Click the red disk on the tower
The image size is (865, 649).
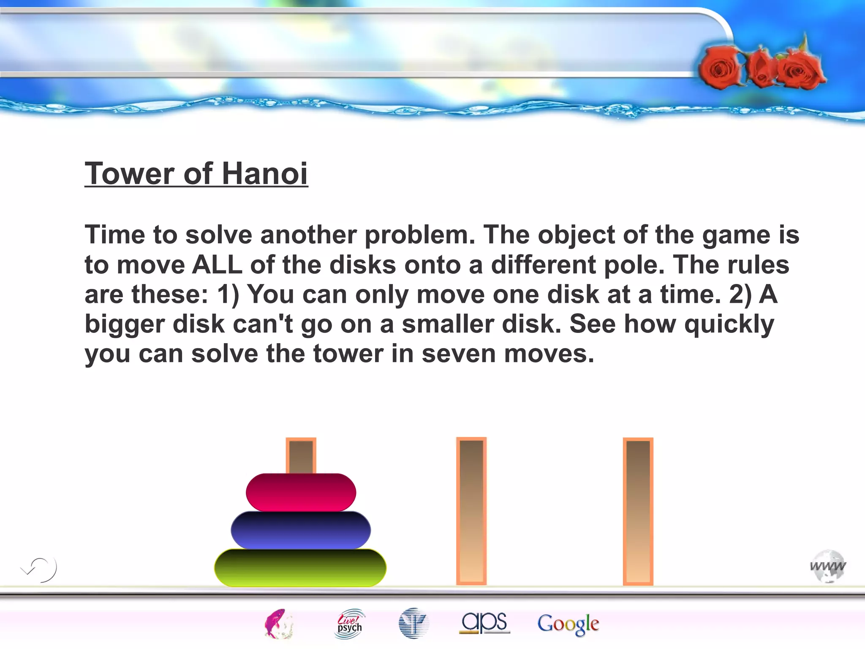(301, 492)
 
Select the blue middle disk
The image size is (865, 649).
(301, 530)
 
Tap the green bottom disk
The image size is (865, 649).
(300, 567)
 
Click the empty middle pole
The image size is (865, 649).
(471, 511)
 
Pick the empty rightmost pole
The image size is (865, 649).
(638, 511)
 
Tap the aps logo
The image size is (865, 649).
(484, 623)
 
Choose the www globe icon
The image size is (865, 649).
(828, 567)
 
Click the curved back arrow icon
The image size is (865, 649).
(39, 569)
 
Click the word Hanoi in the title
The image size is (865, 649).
(265, 174)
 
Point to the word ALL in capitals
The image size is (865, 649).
(217, 265)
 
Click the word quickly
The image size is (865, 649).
(729, 324)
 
